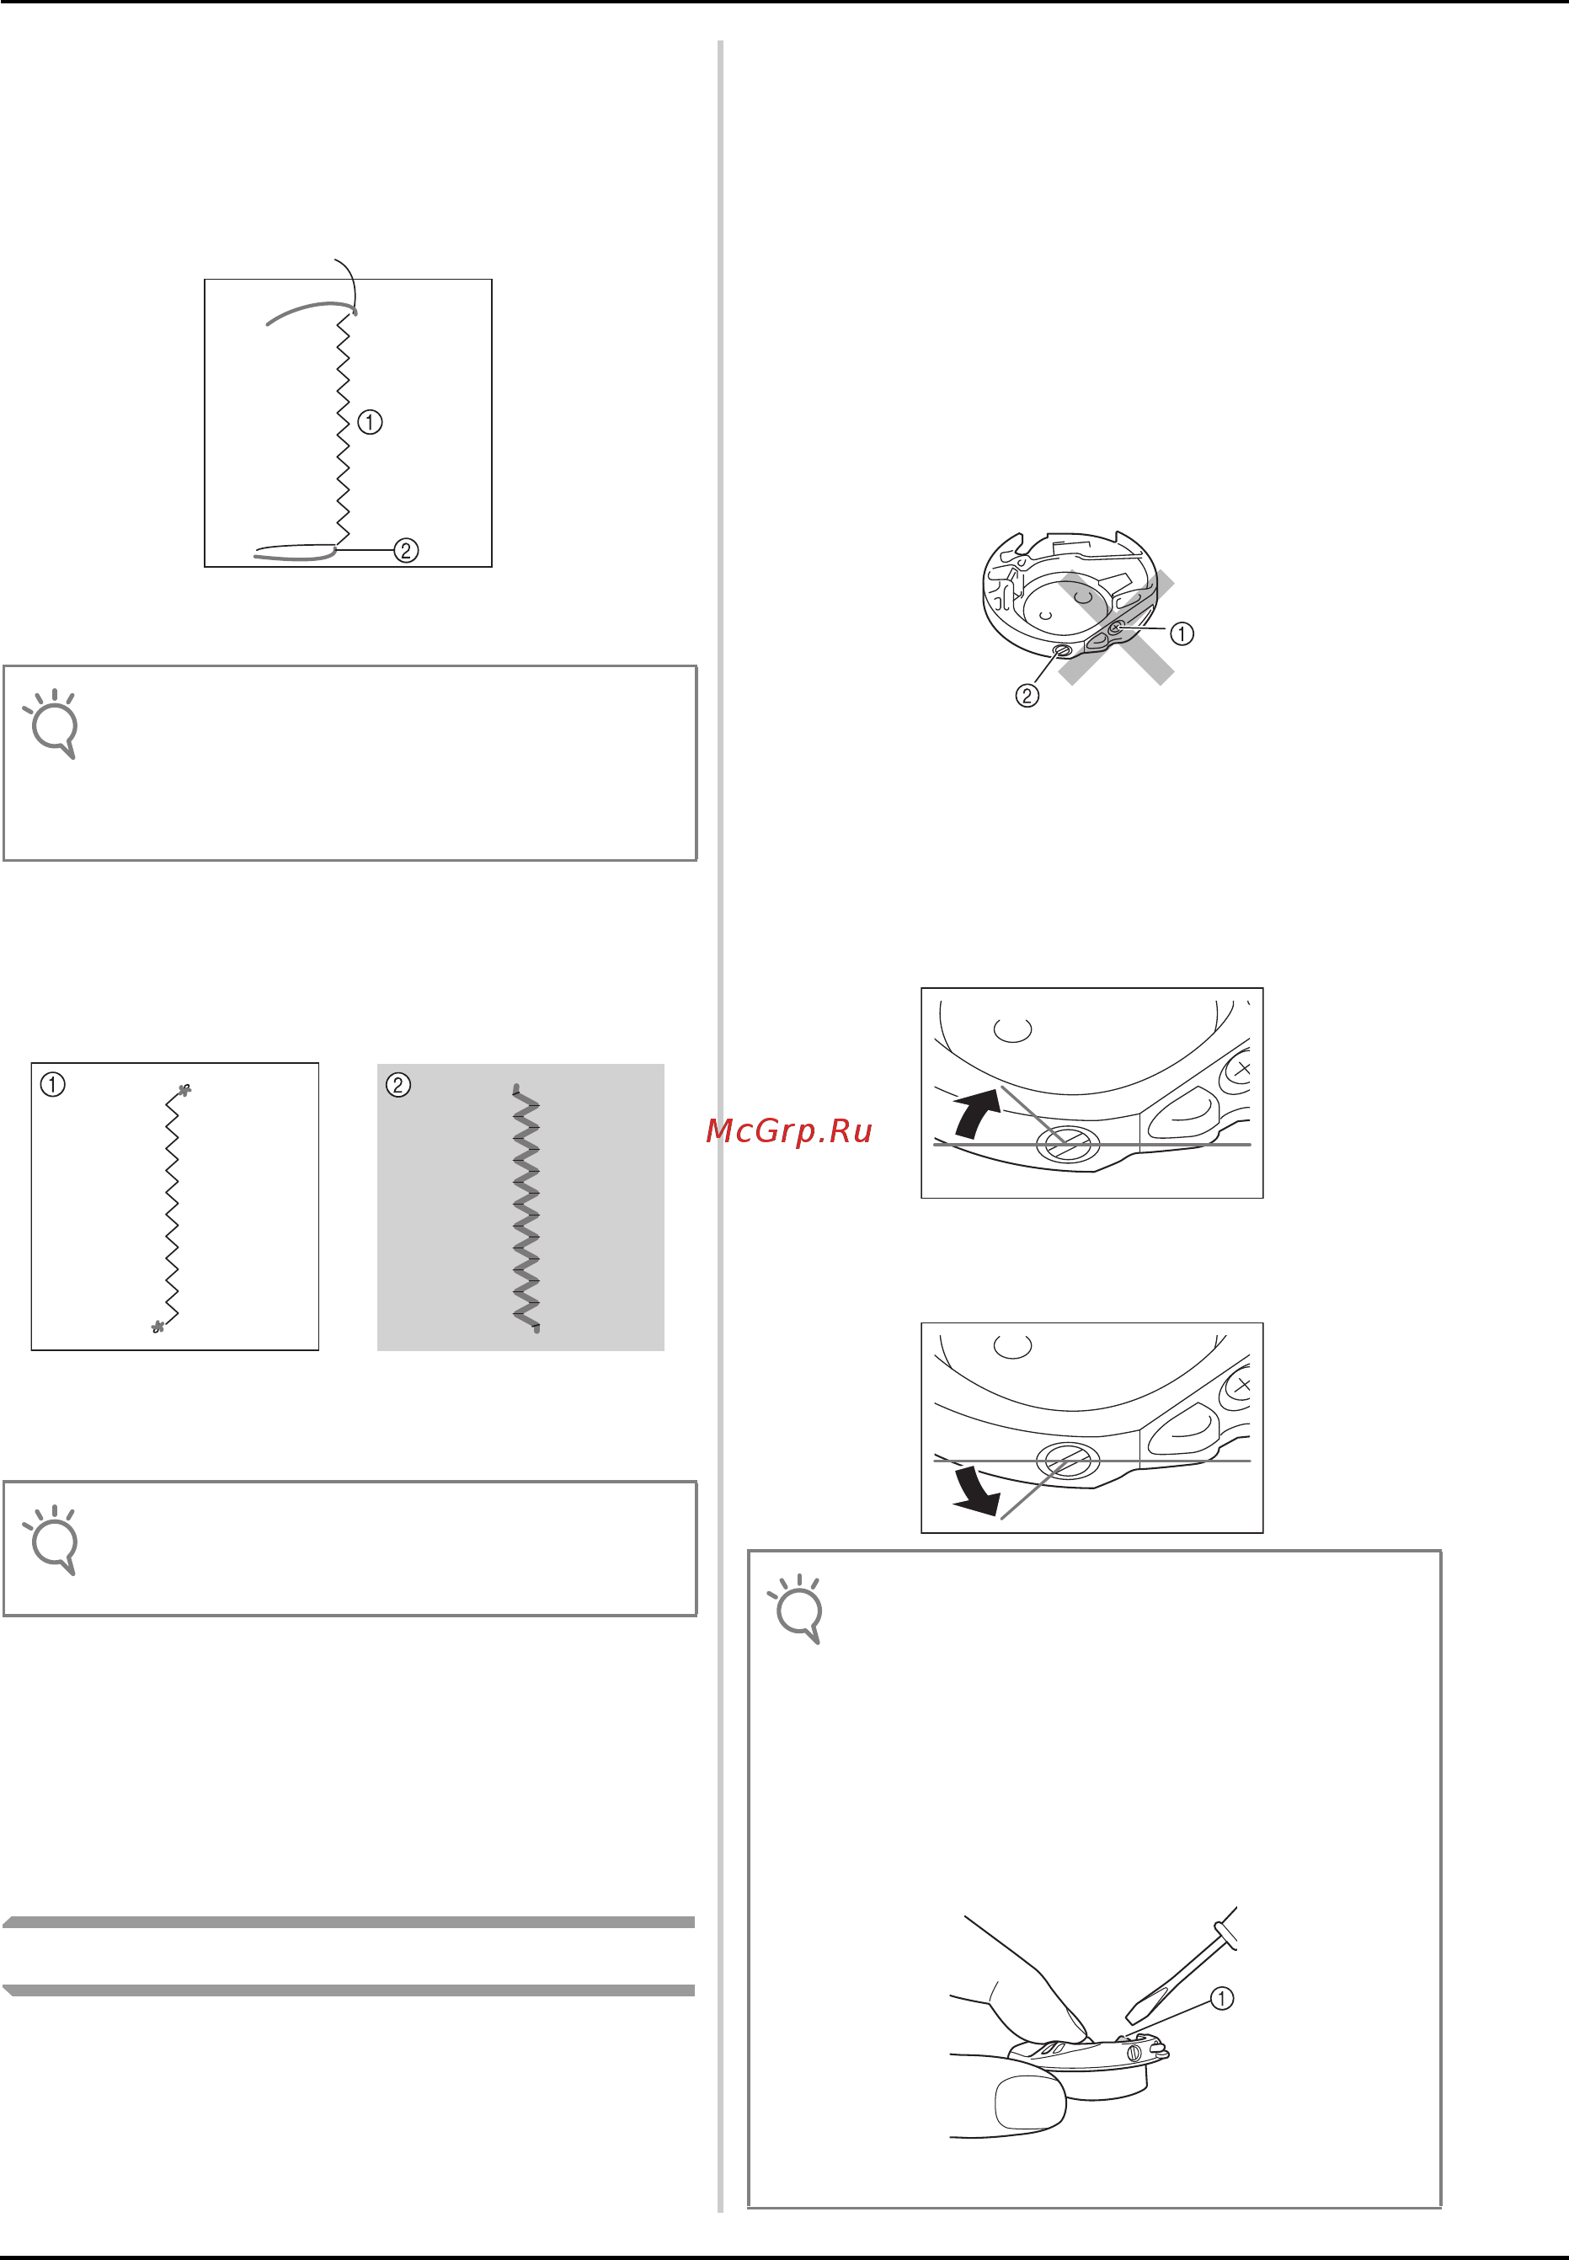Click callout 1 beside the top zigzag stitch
coord(370,422)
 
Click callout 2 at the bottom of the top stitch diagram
coord(406,551)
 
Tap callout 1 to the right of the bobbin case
coord(1182,634)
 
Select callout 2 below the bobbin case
coord(1027,696)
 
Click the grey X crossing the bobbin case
coord(1116,628)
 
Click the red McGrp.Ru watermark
coord(788,1131)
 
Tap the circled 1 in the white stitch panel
coord(53,1085)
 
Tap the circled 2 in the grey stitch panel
coord(398,1085)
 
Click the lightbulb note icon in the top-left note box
coord(52,724)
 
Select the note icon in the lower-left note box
coord(52,1540)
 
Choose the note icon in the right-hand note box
coord(797,1609)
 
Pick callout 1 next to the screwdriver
coord(1221,1999)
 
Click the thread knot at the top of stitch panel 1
coord(184,1090)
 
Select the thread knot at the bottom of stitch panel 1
coord(157,1327)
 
